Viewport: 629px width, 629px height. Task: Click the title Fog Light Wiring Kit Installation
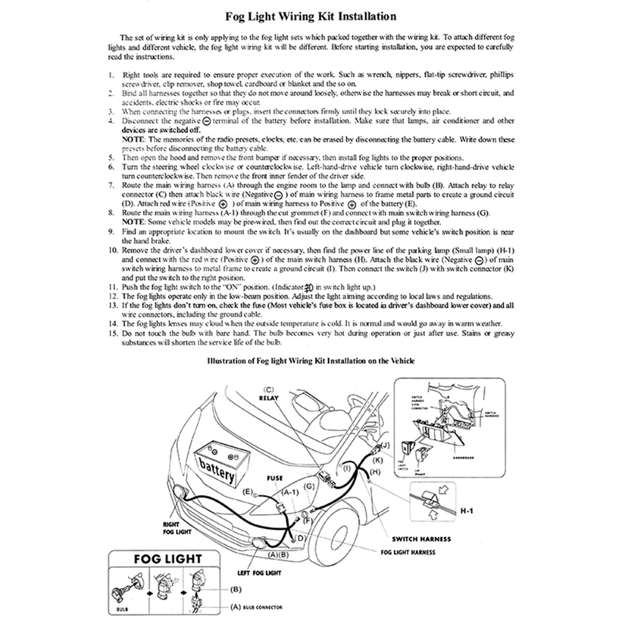tap(311, 17)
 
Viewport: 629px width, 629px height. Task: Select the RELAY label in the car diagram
tap(269, 398)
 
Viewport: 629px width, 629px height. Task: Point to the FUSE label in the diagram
tap(275, 478)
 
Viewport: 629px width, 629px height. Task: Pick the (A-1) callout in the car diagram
tap(290, 492)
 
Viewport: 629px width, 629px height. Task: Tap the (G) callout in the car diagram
tap(309, 486)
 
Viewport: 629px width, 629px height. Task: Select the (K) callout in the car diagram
tap(377, 460)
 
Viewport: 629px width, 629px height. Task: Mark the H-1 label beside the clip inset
tap(467, 511)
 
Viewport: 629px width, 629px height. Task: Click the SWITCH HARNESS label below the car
tap(421, 539)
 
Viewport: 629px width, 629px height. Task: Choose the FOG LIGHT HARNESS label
tap(408, 552)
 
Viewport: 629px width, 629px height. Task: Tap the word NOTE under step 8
tap(131, 222)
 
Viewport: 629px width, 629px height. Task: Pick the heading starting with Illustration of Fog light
tap(311, 361)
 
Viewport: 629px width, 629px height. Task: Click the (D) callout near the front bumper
tap(301, 538)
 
